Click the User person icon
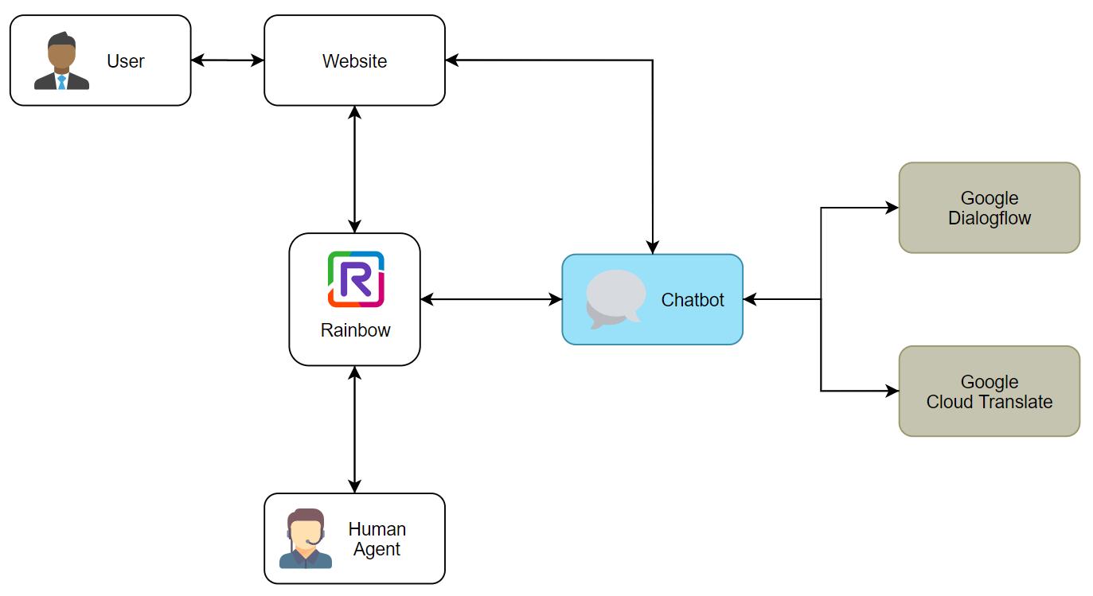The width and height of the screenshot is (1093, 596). (61, 61)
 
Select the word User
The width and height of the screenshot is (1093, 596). (126, 61)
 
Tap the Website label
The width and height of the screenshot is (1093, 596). (354, 61)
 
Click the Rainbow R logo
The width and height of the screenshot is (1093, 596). (355, 279)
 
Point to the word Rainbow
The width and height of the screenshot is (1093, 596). (355, 329)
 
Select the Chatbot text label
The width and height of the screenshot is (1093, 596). (693, 300)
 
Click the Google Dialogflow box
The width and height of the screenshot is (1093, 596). (989, 208)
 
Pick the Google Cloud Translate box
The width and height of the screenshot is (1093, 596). (989, 391)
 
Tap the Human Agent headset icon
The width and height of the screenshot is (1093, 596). (306, 539)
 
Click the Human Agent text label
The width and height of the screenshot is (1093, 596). (377, 539)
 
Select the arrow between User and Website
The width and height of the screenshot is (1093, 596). (228, 60)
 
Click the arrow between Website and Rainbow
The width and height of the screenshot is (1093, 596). (355, 169)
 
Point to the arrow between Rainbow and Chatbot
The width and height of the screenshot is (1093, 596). (490, 300)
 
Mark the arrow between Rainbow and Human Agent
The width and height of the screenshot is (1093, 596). (355, 430)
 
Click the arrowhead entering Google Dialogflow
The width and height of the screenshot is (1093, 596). (892, 208)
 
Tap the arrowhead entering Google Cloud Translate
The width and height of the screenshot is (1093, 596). (892, 391)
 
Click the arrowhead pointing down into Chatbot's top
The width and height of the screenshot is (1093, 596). (653, 247)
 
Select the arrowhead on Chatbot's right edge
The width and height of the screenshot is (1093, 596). (750, 300)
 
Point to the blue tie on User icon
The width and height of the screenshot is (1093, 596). (61, 81)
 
